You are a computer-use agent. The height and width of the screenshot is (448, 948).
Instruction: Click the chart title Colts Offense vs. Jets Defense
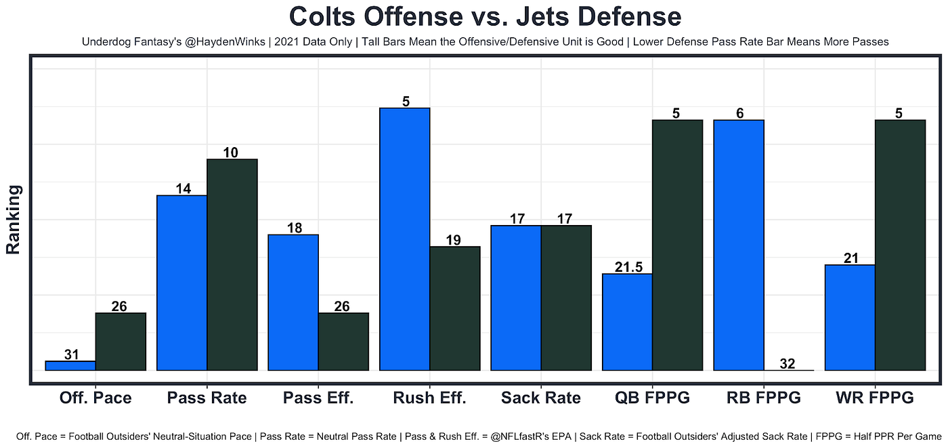click(485, 16)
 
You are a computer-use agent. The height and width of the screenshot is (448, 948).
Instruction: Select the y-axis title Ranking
click(14, 220)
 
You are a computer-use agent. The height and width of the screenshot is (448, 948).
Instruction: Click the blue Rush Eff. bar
click(405, 239)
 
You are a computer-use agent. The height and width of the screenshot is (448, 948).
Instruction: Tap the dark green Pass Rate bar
click(232, 264)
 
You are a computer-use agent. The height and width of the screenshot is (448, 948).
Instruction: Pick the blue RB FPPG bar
click(739, 245)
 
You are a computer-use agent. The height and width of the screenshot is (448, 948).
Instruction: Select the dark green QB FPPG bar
click(677, 245)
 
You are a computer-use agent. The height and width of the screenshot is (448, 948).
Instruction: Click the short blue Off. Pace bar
click(70, 365)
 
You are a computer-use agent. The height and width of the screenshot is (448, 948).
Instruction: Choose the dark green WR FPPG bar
click(899, 245)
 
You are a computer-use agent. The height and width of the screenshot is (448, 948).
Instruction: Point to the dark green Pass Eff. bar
click(343, 341)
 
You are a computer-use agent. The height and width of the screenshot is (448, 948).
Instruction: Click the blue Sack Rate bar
click(516, 298)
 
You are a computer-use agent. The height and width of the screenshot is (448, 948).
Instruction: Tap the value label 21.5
click(628, 267)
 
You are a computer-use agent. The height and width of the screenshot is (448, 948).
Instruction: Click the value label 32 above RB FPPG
click(788, 363)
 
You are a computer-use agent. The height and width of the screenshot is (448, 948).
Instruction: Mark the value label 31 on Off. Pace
click(71, 354)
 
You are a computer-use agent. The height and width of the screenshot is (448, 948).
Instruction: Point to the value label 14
click(182, 188)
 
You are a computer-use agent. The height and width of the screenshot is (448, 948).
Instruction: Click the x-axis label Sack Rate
click(540, 398)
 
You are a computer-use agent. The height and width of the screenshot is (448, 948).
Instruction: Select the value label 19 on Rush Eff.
click(454, 239)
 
